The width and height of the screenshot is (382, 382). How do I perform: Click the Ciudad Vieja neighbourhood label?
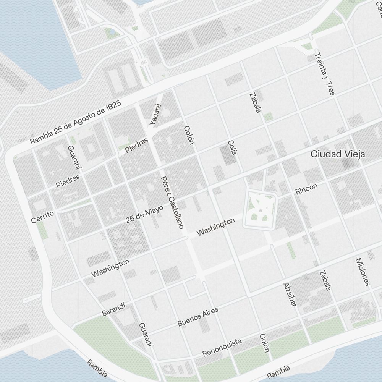338,154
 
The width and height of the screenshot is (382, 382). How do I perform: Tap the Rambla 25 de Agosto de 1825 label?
75,123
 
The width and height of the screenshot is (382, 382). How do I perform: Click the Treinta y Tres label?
324,74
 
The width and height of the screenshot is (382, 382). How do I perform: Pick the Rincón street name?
306,189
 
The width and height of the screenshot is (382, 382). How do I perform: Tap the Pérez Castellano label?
172,202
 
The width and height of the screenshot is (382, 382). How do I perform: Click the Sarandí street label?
113,310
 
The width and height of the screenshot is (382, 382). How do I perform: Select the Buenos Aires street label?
198,317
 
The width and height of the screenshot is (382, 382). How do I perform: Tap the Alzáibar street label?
290,295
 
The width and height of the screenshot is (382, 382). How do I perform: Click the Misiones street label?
363,272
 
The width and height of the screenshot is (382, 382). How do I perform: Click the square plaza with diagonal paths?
260,210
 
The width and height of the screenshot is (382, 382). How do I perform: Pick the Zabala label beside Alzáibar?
325,280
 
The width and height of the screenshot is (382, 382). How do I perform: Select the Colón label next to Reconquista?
264,343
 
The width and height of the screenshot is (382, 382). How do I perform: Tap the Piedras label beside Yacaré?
137,145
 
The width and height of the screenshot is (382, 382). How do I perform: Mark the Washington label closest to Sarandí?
110,268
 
